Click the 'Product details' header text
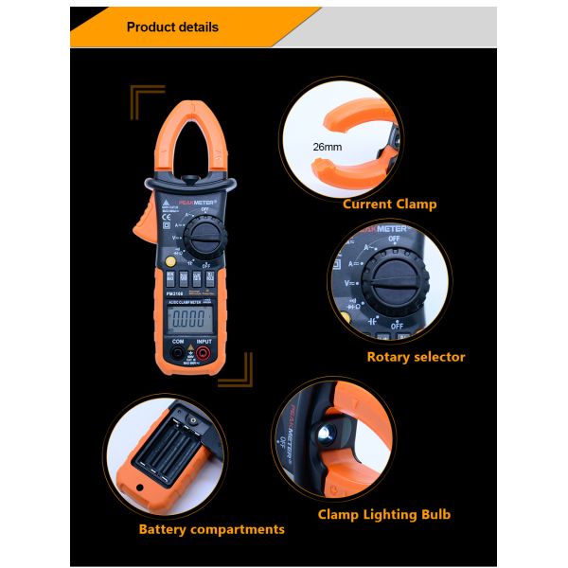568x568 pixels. (x=172, y=27)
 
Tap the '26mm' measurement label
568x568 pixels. (x=328, y=147)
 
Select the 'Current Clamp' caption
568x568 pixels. (x=389, y=204)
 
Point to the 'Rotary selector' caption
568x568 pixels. (x=416, y=357)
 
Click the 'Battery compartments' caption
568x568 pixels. (x=211, y=529)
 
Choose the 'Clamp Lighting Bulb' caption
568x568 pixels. (x=383, y=515)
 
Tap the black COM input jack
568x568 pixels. (x=177, y=355)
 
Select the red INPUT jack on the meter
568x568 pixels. (x=204, y=355)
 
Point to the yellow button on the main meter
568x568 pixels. (x=169, y=262)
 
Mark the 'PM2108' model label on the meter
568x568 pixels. (x=173, y=293)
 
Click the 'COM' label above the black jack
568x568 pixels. (x=176, y=341)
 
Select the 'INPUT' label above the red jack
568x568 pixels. (x=204, y=341)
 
